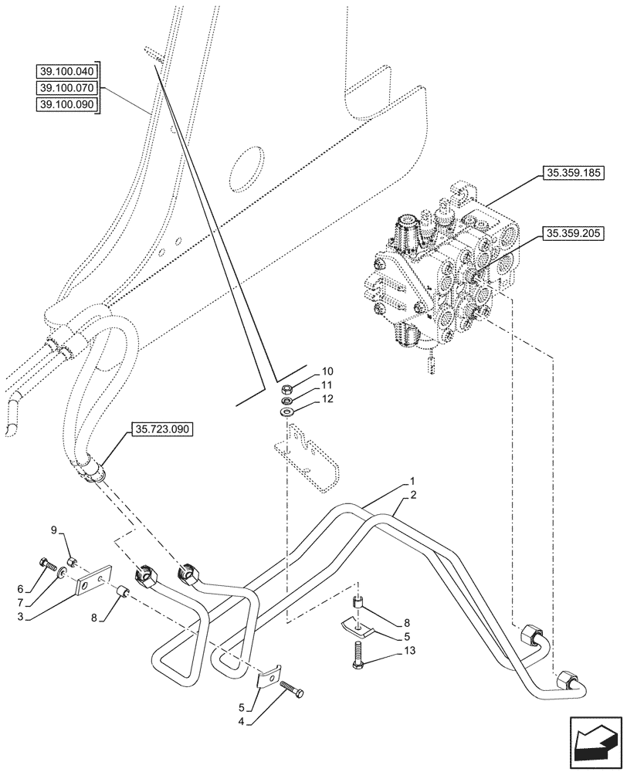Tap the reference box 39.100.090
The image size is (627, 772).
pyautogui.click(x=68, y=104)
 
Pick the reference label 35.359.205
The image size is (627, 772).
pyautogui.click(x=574, y=232)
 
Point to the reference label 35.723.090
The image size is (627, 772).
pyautogui.click(x=163, y=430)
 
